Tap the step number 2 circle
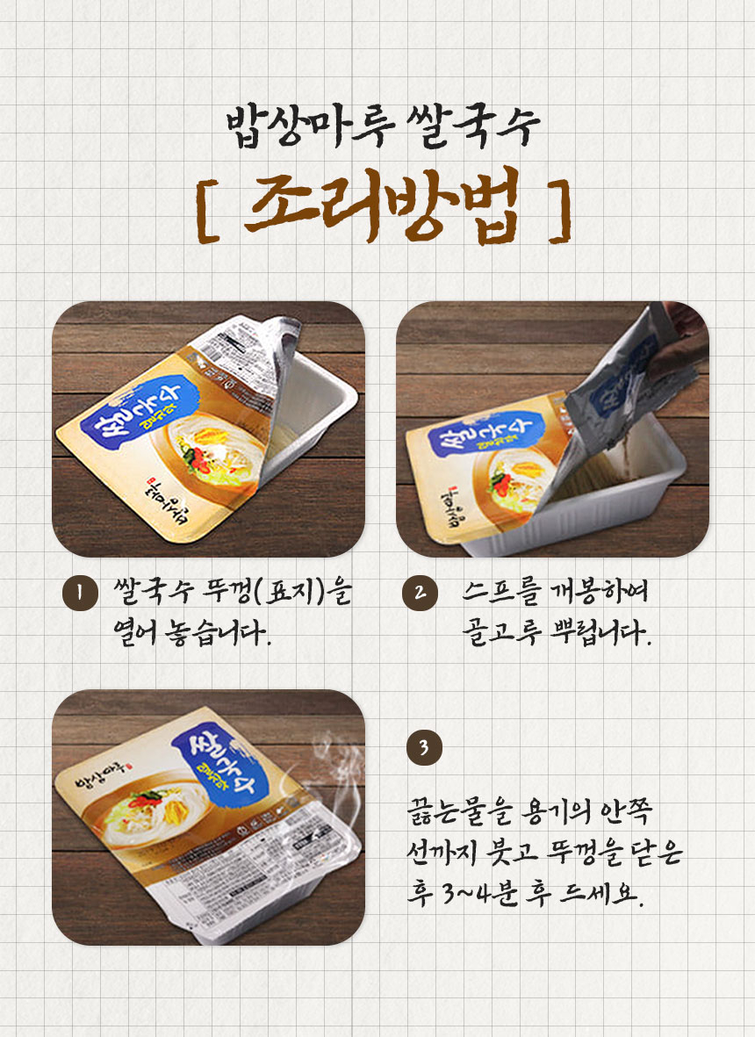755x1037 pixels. click(x=419, y=594)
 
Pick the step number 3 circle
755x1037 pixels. click(x=423, y=748)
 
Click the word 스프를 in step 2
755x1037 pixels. click(x=495, y=593)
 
